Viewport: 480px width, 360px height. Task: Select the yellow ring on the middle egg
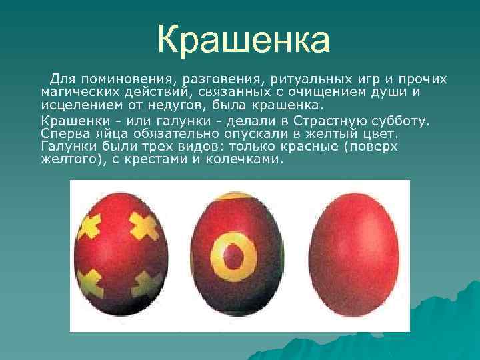pos(233,254)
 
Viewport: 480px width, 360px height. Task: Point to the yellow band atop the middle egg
pos(234,197)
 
